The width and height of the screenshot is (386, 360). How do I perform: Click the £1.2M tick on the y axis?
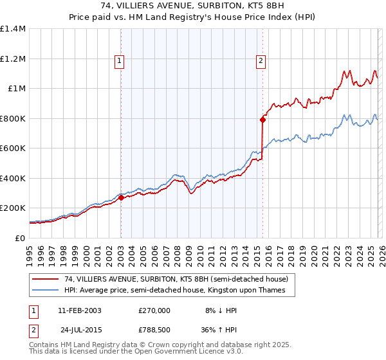click(12, 59)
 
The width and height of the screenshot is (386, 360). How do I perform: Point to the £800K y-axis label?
click(12, 118)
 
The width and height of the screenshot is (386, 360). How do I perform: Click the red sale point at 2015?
click(262, 119)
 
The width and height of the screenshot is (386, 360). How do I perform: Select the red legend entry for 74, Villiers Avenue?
click(170, 279)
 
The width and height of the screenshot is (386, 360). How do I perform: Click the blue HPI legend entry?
click(178, 291)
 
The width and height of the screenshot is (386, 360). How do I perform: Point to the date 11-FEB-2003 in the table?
click(79, 310)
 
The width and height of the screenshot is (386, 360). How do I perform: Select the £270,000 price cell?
click(154, 310)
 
